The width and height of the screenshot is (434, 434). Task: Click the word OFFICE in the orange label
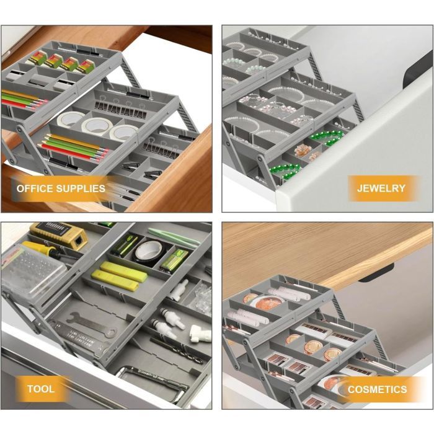click(x=34, y=188)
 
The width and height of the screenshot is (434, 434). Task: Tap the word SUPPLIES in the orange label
click(x=81, y=188)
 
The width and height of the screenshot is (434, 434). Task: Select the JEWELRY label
click(x=381, y=188)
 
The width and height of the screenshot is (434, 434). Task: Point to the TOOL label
click(x=41, y=389)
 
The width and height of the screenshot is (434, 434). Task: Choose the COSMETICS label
click(x=377, y=389)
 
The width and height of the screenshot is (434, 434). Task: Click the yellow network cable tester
click(x=59, y=235)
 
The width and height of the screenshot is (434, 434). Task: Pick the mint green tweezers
click(x=174, y=237)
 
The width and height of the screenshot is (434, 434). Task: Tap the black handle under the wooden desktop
click(x=376, y=272)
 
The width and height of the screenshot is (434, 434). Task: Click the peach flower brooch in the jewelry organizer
click(x=302, y=150)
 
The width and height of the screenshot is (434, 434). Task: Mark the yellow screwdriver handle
click(x=36, y=247)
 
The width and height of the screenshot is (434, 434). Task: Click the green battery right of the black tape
click(x=175, y=260)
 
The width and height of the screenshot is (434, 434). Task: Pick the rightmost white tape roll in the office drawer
click(x=123, y=133)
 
